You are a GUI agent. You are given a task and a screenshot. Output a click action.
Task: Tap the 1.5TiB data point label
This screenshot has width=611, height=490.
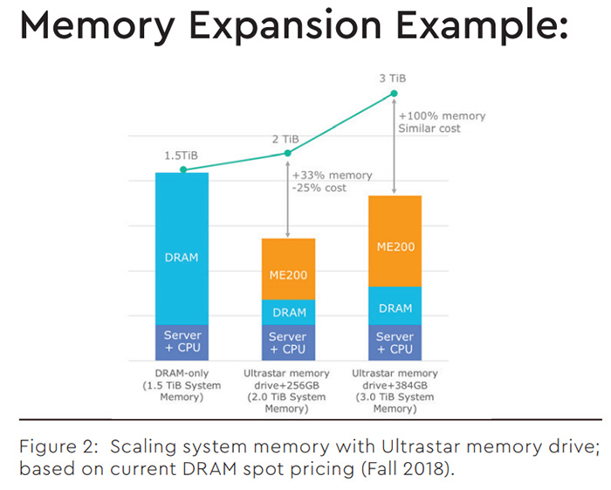[181, 155]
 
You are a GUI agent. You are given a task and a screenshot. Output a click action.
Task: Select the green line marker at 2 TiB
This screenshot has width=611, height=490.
[287, 154]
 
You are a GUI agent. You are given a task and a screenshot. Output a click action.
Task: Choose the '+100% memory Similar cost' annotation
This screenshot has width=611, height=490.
[442, 122]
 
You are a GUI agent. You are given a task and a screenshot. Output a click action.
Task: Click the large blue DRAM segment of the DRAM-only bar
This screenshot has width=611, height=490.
[182, 258]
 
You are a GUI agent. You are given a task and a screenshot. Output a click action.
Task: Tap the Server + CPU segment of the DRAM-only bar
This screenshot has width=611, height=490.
[182, 342]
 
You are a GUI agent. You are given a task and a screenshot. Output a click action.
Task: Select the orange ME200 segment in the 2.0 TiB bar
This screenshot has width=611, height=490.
[287, 272]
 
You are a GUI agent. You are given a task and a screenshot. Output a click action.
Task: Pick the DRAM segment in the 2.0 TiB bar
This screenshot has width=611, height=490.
[287, 312]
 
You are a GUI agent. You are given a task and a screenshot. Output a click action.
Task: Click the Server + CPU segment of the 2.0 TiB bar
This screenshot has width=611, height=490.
[287, 342]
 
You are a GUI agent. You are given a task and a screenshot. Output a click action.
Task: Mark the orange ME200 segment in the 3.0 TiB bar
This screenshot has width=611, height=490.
[395, 245]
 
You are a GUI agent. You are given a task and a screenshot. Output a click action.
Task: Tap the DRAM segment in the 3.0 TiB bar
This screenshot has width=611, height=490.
[395, 307]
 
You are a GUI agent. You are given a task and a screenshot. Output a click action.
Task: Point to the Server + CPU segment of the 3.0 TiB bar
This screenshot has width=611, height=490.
[395, 342]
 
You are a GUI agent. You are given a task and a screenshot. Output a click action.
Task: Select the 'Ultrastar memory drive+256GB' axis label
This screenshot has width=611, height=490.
[287, 384]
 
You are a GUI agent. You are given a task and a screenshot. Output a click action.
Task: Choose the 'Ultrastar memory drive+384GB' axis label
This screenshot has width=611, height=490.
[395, 384]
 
